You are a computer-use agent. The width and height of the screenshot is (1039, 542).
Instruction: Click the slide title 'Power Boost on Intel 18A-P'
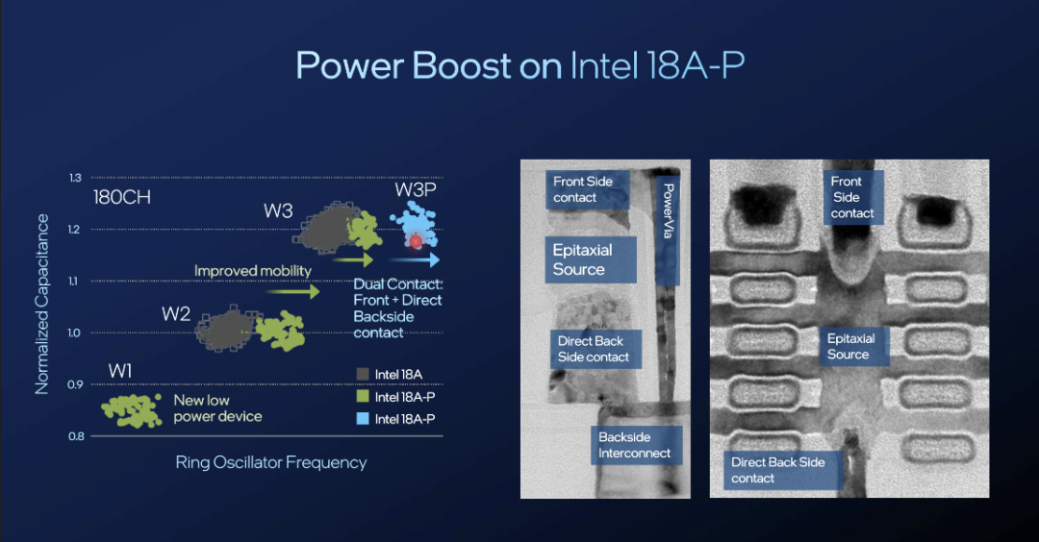click(520, 65)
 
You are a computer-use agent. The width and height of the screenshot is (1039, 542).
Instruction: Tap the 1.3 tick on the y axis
click(75, 178)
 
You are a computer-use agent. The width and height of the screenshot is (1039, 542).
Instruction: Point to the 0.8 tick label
click(76, 436)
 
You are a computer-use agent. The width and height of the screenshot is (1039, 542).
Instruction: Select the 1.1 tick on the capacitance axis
click(73, 282)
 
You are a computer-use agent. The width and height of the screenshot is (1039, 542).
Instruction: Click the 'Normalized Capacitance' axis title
click(42, 305)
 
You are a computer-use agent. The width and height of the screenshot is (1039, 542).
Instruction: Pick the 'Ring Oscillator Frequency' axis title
click(271, 462)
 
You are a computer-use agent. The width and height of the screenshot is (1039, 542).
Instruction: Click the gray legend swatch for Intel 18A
click(363, 374)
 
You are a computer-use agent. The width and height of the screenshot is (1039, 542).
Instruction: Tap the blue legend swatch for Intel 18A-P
click(363, 418)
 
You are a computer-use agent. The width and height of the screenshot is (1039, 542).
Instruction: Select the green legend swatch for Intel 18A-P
click(363, 396)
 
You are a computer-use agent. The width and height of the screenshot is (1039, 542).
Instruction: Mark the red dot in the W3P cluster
click(416, 241)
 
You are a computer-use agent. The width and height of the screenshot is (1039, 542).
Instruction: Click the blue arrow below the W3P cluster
click(415, 259)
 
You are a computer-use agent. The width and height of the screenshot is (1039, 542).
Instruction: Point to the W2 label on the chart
click(176, 313)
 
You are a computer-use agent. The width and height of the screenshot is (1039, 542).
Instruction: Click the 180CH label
click(122, 197)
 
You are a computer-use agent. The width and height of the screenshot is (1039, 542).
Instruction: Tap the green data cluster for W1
click(132, 410)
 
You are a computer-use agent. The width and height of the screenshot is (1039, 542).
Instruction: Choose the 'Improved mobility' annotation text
click(252, 271)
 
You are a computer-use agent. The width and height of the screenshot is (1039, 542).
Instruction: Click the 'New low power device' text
click(218, 408)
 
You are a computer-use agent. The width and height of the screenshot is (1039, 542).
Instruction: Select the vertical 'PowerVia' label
click(669, 211)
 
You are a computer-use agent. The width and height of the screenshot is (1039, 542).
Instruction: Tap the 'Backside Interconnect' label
click(635, 445)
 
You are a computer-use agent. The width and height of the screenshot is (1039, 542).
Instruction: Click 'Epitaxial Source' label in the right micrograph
click(850, 346)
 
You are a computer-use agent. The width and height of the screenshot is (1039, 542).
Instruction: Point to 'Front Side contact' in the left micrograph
click(583, 189)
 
